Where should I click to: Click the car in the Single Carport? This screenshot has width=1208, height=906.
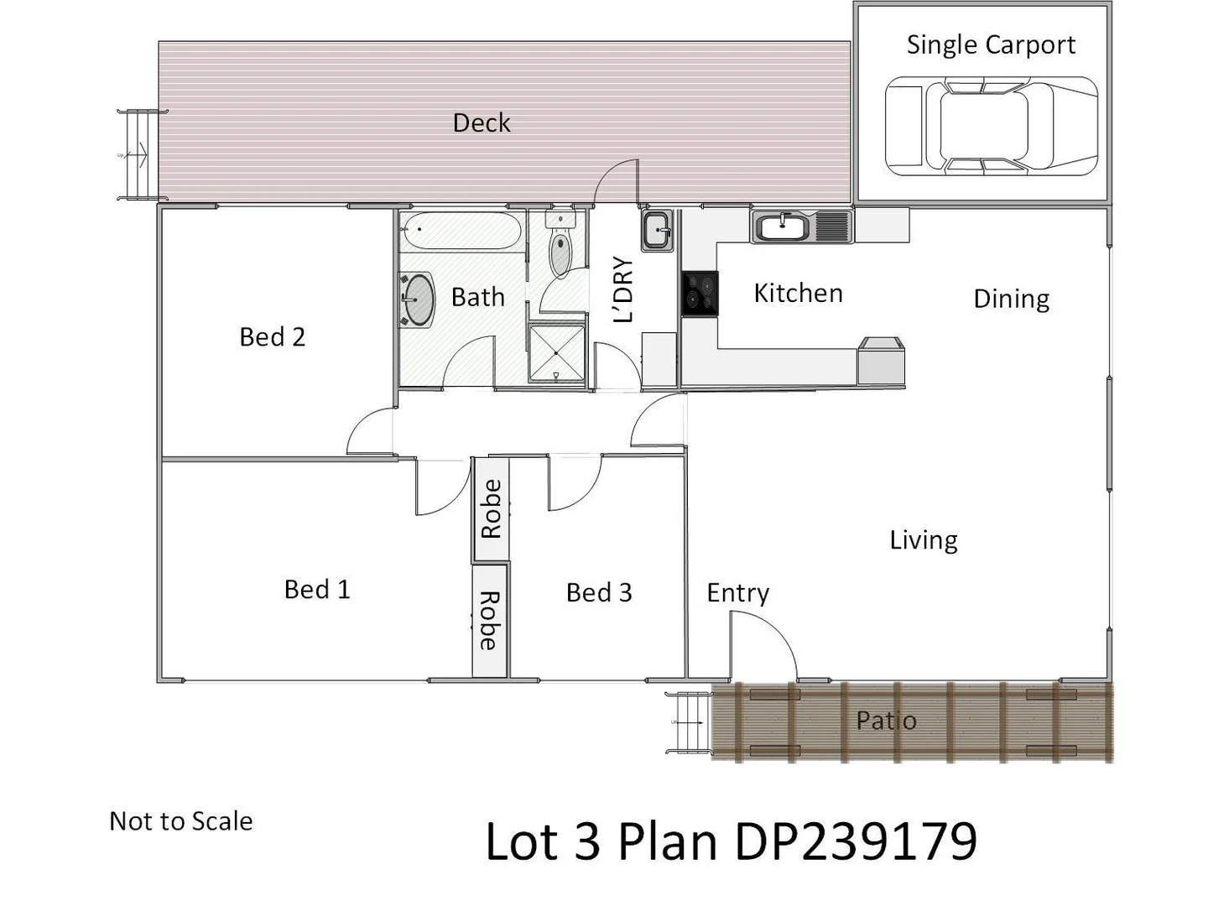[x=991, y=127]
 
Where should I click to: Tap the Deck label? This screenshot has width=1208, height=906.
[x=481, y=123]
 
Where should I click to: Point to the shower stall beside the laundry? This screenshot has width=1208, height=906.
[x=555, y=353]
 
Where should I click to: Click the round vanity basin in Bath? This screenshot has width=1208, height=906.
[x=417, y=299]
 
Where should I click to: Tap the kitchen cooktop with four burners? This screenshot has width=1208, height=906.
[x=700, y=293]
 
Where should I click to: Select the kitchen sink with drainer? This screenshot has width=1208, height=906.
[x=801, y=226]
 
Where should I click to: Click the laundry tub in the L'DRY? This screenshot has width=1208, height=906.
[x=657, y=230]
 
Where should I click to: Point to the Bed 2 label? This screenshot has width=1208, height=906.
[x=272, y=337]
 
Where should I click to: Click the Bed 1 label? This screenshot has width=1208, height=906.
[x=316, y=590]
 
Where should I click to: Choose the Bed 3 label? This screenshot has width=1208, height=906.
[x=598, y=593]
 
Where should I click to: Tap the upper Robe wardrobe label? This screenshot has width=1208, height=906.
[x=491, y=509]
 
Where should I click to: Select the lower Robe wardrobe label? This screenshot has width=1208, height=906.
[x=490, y=621]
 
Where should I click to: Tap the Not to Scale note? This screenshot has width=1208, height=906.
[x=180, y=821]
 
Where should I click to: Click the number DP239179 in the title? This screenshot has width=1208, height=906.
[x=856, y=841]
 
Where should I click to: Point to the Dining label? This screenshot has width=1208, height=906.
[x=1011, y=299]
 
